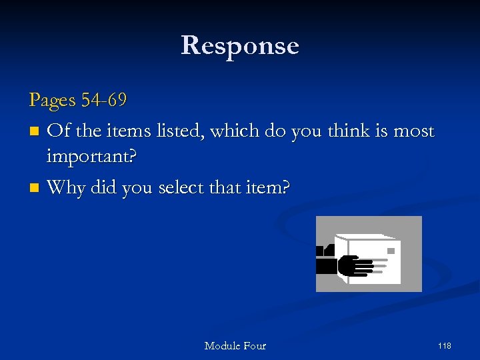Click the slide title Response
[x=240, y=46]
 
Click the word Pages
[x=53, y=101]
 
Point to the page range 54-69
[x=104, y=100]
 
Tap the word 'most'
[x=413, y=131]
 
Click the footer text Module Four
[x=235, y=345]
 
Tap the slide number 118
[x=444, y=345]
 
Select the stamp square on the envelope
[x=391, y=251]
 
